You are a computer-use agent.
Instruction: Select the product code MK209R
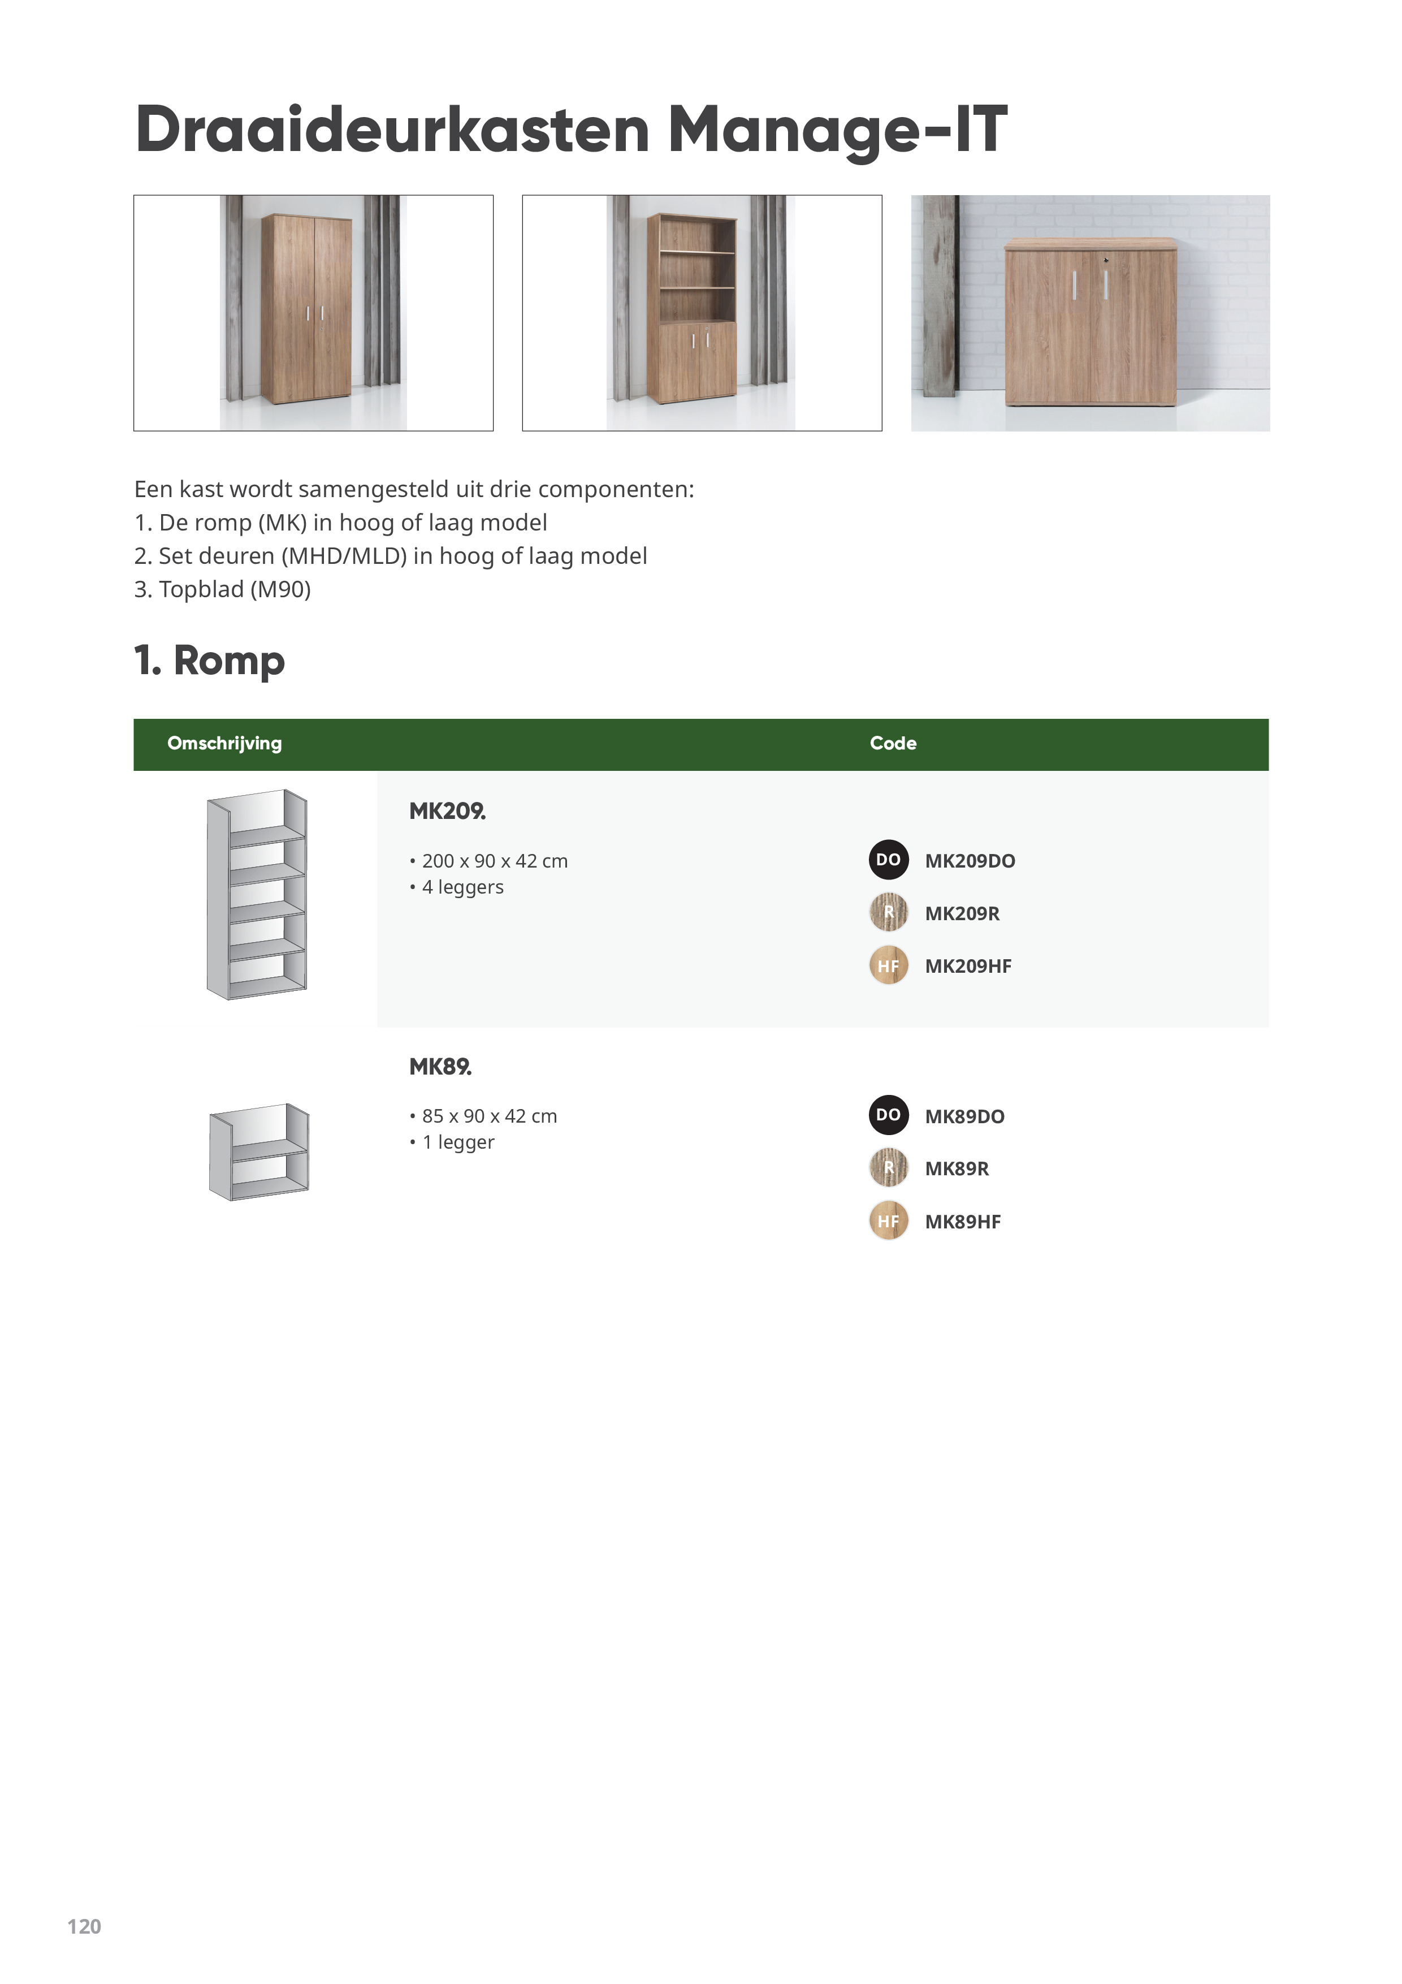tap(962, 913)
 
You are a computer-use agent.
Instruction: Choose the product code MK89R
tap(957, 1168)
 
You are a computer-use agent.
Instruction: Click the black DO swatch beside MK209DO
tap(888, 860)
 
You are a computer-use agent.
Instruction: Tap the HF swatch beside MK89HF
tap(888, 1221)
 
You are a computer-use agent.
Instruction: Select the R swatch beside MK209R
tap(888, 912)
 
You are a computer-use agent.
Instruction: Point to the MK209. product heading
tap(447, 812)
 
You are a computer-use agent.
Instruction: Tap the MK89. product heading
tap(440, 1067)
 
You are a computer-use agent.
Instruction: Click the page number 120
tap(84, 1926)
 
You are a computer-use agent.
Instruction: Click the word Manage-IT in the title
tap(837, 130)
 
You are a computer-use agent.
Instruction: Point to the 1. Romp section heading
tap(209, 661)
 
